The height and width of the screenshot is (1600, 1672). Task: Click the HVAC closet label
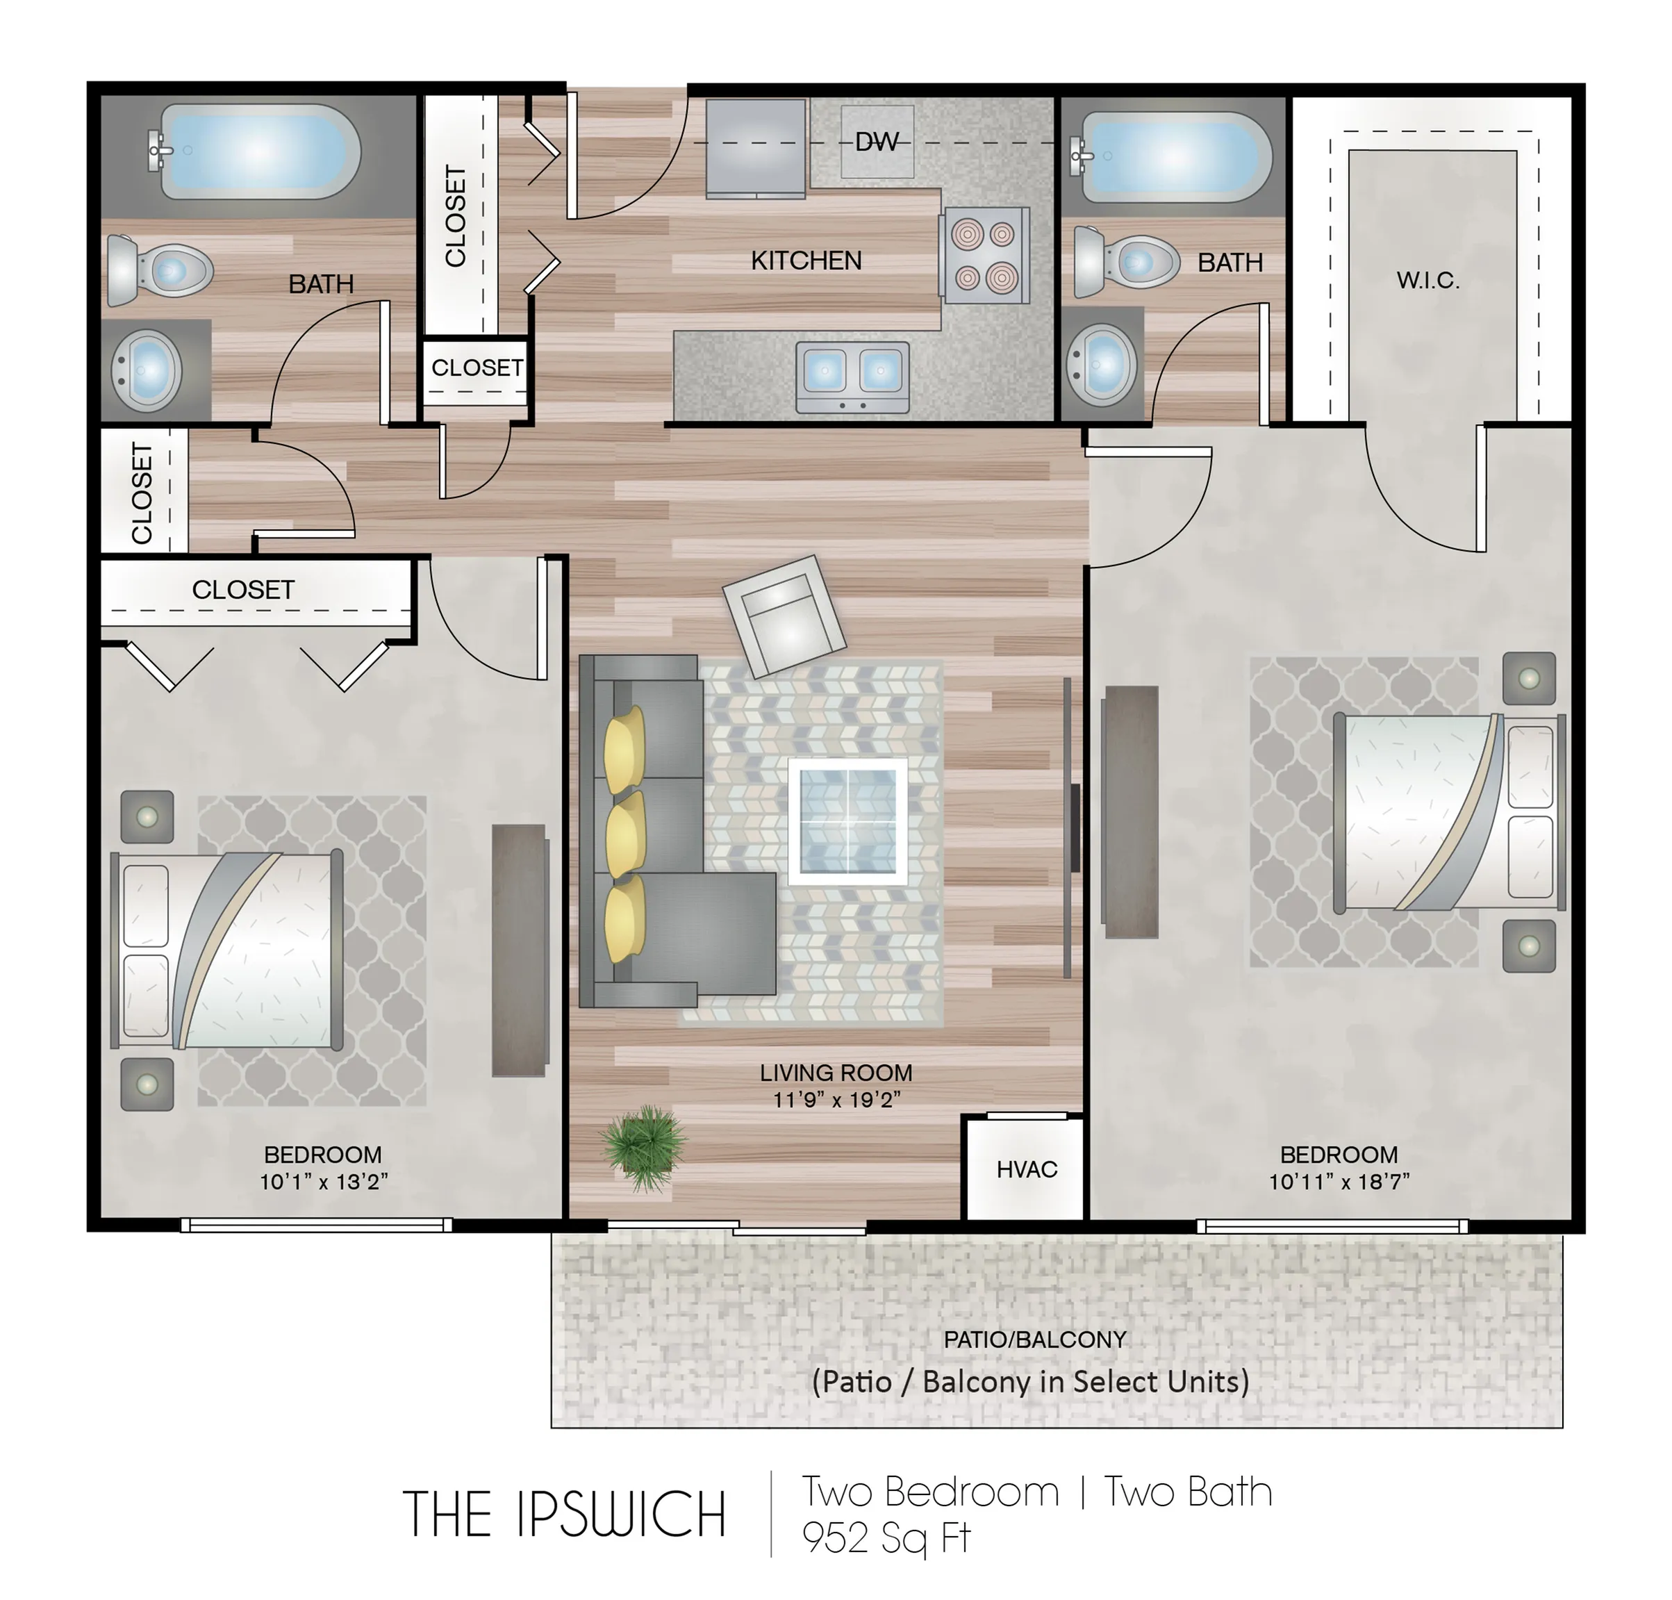1027,1169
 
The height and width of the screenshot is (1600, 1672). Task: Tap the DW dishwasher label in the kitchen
877,142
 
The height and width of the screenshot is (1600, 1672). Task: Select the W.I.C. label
1428,280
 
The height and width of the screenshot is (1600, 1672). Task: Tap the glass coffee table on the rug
847,821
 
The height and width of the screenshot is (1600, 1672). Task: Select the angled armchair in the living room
784,616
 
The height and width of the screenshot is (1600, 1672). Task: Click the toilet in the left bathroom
160,271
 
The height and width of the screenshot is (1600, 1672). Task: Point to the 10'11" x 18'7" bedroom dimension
1339,1181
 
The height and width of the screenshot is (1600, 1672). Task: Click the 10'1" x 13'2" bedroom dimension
324,1181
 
